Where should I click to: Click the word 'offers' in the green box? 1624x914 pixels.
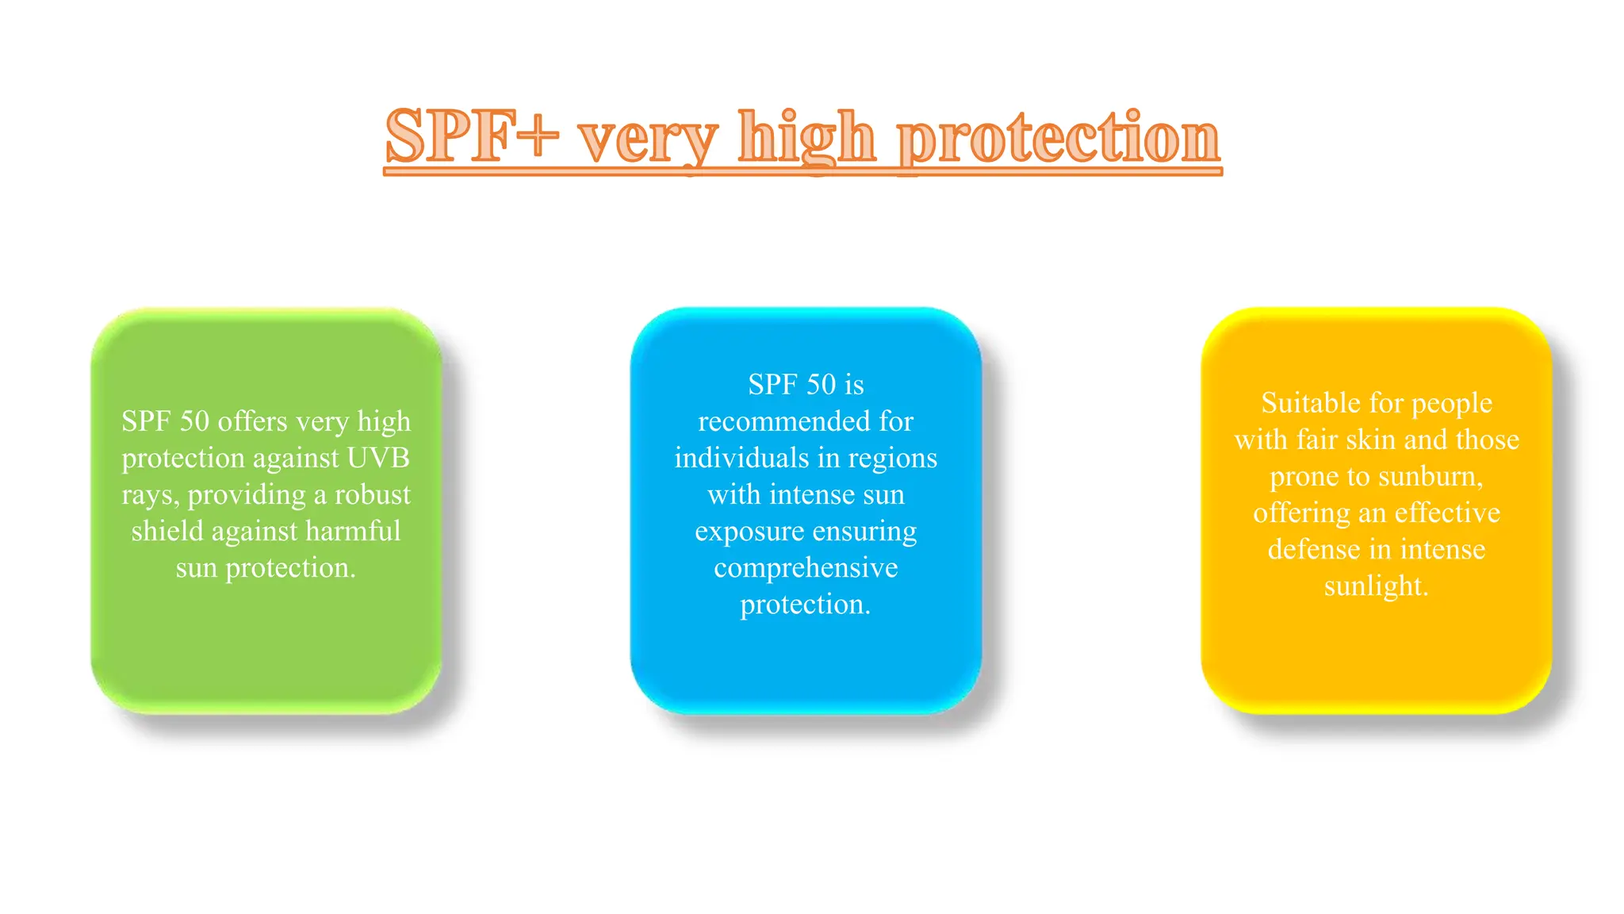click(252, 421)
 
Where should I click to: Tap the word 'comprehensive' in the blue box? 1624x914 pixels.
click(806, 568)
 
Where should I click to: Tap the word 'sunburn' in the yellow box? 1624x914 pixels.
click(1430, 476)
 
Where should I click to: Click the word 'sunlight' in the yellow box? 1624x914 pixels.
click(1374, 586)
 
